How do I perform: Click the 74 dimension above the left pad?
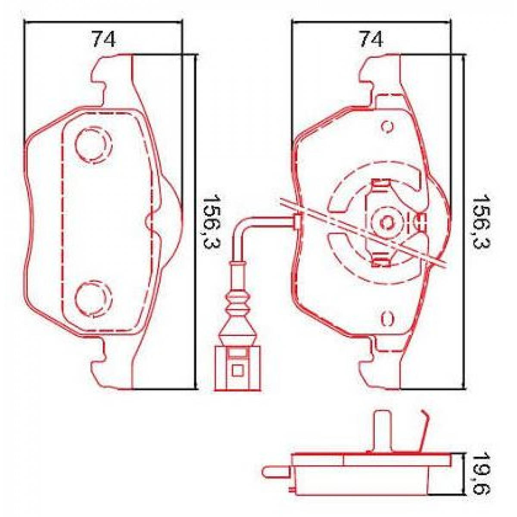(103, 40)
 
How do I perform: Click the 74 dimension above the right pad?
(371, 40)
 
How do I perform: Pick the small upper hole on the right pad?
(387, 127)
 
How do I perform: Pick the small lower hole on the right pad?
(387, 318)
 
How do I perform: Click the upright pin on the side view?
(382, 431)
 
